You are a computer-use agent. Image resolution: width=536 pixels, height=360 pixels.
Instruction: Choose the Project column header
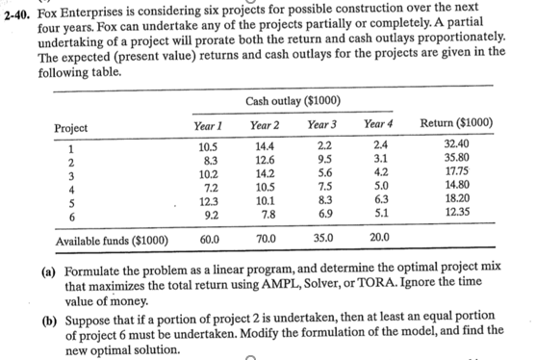72,128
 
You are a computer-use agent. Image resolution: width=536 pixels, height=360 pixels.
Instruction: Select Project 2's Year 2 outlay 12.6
266,160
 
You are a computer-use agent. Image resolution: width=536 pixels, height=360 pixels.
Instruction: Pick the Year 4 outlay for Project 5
381,203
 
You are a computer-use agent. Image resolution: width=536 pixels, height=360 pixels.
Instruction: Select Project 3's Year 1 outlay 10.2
208,174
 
